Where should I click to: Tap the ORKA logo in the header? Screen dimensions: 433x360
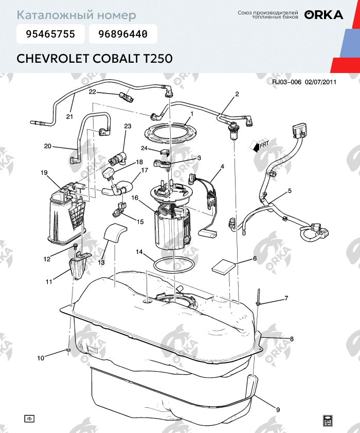click(x=323, y=15)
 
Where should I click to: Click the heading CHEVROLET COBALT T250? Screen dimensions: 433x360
click(x=94, y=58)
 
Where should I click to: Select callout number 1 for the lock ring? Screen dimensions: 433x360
click(x=191, y=114)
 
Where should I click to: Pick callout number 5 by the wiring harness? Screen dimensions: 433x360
click(x=290, y=191)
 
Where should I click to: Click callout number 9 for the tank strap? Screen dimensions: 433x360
click(x=278, y=410)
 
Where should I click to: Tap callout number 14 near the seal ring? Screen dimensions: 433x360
click(x=139, y=252)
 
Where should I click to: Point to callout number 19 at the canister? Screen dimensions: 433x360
click(x=44, y=173)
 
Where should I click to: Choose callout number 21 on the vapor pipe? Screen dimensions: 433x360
click(x=70, y=116)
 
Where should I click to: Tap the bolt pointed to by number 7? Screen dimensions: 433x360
click(x=259, y=297)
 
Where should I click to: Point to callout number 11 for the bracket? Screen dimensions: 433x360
click(x=49, y=281)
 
